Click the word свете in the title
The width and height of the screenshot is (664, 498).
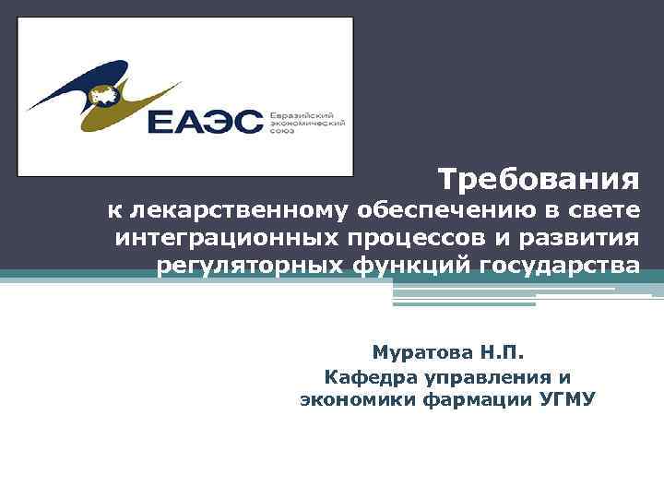click(603, 210)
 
